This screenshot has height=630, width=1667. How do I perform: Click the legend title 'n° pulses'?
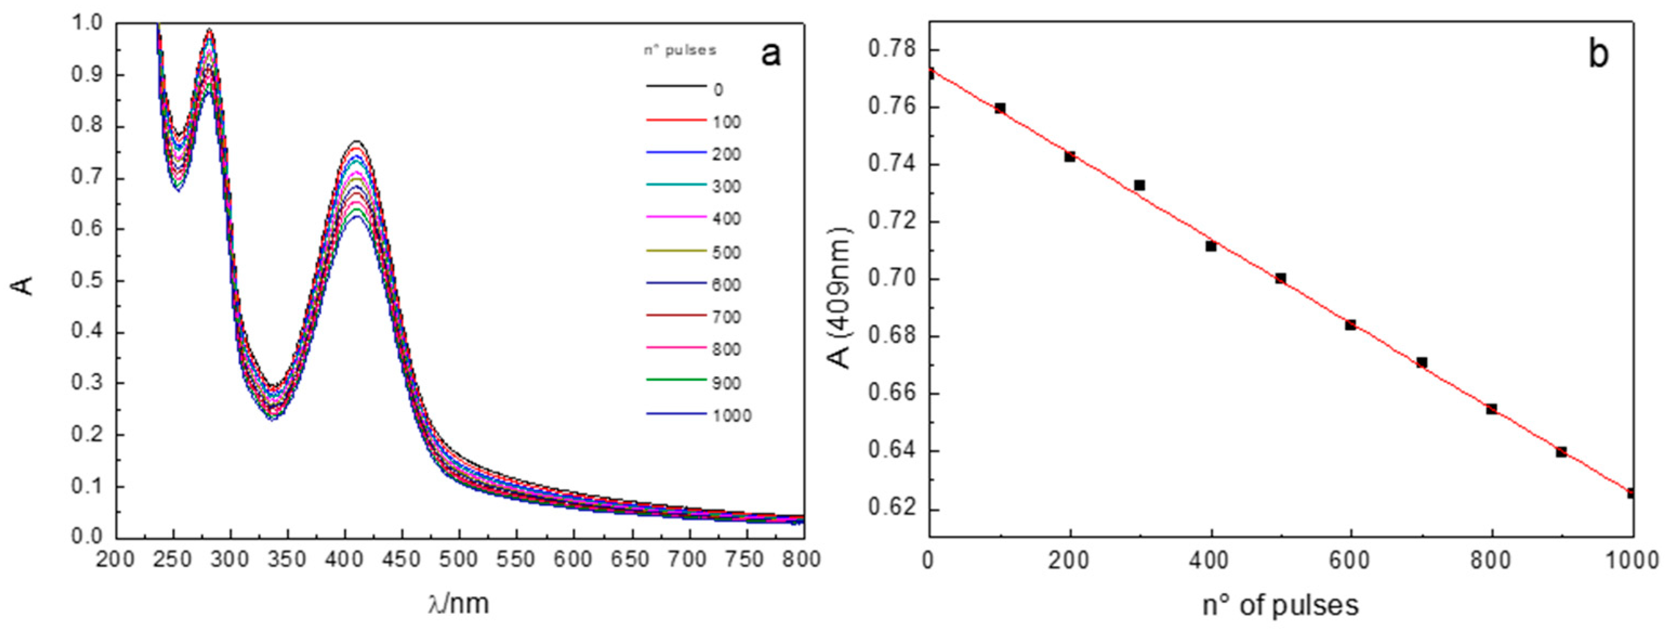[x=679, y=50]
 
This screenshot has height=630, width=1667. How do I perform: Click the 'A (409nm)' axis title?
[x=841, y=297]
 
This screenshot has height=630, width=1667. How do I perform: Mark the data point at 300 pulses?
[x=1140, y=185]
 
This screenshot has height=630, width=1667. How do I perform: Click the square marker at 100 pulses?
[x=1000, y=108]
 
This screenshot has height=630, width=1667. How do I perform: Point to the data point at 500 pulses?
[x=1281, y=278]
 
